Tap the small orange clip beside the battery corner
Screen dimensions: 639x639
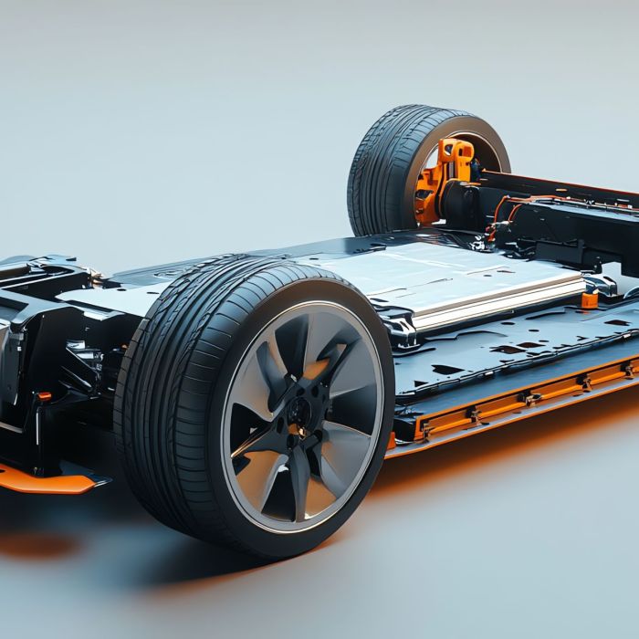click(590, 299)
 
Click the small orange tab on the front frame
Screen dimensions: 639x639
click(43, 396)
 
